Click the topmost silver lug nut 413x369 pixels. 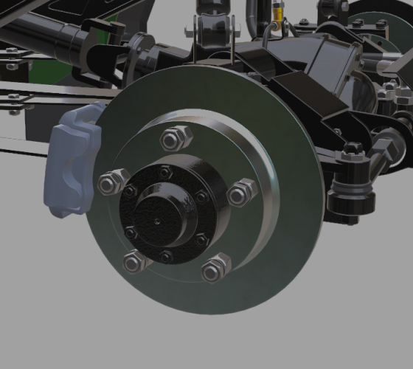[176, 137]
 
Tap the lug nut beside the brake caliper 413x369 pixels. [111, 181]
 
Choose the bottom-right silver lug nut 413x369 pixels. [215, 268]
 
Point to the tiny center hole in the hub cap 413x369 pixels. [156, 220]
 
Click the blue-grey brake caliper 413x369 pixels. [72, 162]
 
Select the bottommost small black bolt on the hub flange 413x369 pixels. [166, 256]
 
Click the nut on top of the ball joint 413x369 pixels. [353, 151]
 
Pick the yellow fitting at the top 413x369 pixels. [277, 13]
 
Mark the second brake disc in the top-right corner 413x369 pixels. [383, 15]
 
